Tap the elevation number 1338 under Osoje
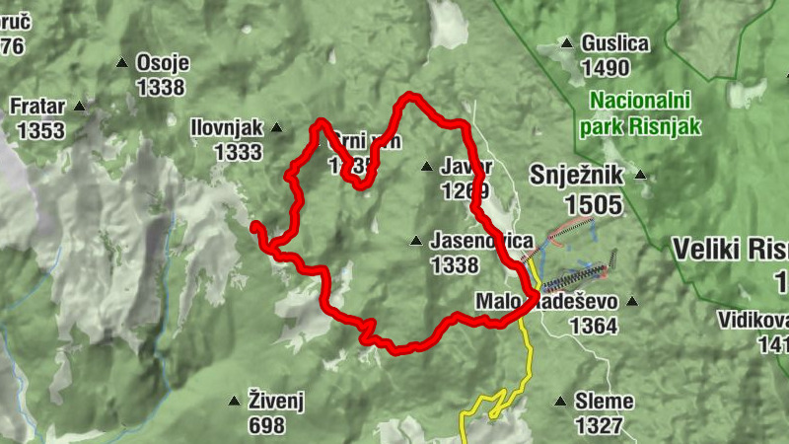pos(161,87)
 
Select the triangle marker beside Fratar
pos(80,106)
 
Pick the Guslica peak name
pos(615,43)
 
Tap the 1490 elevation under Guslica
pos(606,68)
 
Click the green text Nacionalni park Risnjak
pos(643,112)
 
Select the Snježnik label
pos(578,176)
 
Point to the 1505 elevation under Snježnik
pos(594,204)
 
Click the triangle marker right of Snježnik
pos(640,175)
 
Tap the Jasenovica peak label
pos(481,241)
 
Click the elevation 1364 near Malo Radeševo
pos(594,326)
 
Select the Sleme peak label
pos(604,402)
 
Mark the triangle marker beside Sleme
pos(561,402)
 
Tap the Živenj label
pos(275,401)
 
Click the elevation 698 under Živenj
pos(266,426)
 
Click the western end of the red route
pos(255,228)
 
